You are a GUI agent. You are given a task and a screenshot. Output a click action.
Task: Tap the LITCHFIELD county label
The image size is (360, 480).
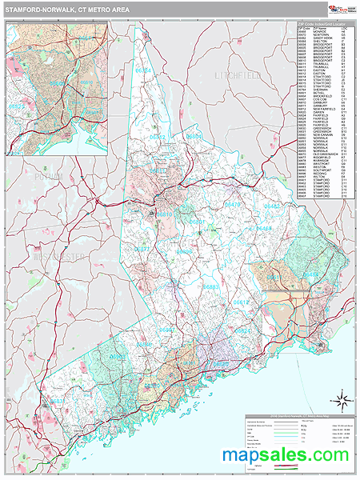click(x=238, y=74)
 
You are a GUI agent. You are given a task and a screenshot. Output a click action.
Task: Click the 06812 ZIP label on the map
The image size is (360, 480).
click(x=157, y=138)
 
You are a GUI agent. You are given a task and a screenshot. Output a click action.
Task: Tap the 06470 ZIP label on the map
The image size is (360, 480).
click(x=231, y=206)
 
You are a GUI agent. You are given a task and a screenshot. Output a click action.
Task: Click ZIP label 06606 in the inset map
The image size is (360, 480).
click(x=58, y=82)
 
